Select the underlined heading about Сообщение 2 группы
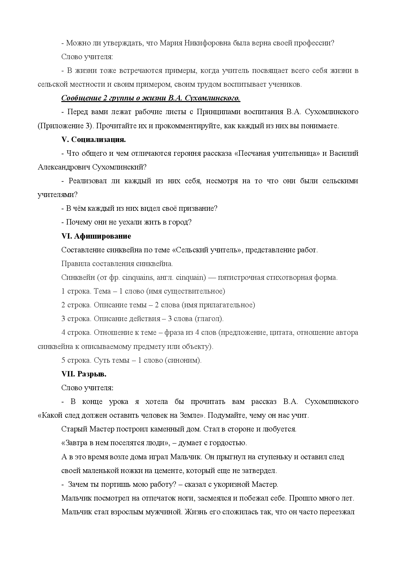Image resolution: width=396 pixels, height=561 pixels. [150, 98]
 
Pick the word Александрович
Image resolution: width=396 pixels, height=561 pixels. [64, 167]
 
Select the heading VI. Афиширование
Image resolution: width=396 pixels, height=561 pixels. [96, 236]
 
